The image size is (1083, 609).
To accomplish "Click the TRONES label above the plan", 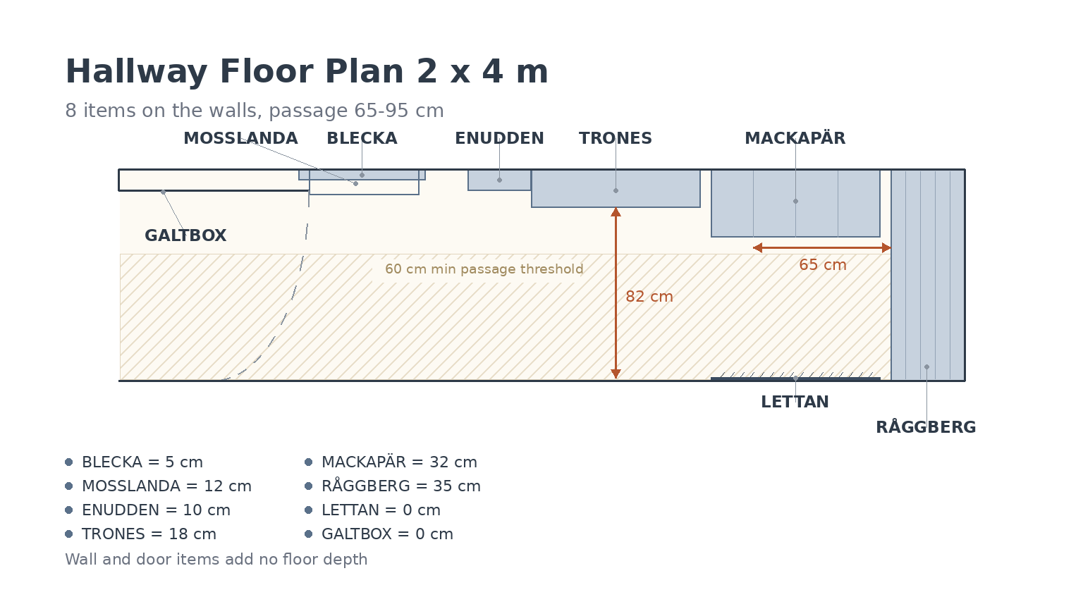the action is click(x=616, y=138).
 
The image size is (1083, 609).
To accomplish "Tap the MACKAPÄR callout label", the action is click(x=795, y=137).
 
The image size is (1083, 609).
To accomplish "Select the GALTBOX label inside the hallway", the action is click(x=185, y=235).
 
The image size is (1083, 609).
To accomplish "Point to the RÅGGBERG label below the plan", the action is click(x=926, y=426).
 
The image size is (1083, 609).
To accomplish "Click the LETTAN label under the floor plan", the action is click(x=795, y=402).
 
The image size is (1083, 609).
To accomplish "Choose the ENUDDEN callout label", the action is click(x=499, y=138).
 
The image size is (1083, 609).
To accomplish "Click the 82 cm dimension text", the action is click(x=649, y=296).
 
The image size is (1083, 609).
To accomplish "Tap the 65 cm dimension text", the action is click(x=823, y=265).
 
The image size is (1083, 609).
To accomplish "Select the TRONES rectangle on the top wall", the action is click(x=616, y=188).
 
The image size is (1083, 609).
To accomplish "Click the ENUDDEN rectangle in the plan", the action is click(x=499, y=180).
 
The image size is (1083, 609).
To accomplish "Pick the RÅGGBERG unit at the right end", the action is click(x=928, y=275).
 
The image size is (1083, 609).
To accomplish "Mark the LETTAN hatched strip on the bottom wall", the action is click(x=795, y=376).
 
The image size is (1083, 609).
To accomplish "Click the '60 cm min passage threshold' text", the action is click(x=484, y=269).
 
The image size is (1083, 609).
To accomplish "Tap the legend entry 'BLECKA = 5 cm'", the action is click(x=142, y=462).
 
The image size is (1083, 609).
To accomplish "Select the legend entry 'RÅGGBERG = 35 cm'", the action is click(x=401, y=486).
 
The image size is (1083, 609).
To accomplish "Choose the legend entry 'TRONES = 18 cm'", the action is click(x=149, y=534).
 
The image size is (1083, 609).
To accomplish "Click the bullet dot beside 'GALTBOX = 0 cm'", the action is click(x=308, y=534).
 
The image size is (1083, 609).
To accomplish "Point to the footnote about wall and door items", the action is click(x=216, y=559).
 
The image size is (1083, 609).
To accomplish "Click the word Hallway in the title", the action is click(x=136, y=72).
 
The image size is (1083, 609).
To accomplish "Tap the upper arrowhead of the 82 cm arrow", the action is click(x=616, y=211).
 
